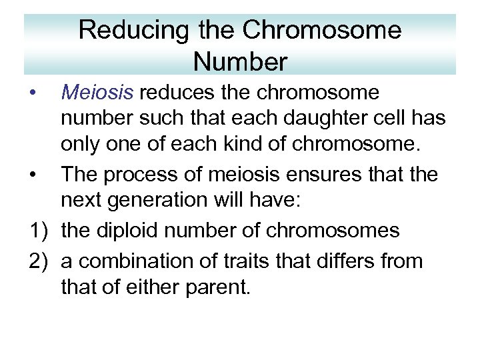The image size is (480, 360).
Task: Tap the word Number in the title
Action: tap(240, 62)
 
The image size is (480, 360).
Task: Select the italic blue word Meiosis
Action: tap(97, 92)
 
